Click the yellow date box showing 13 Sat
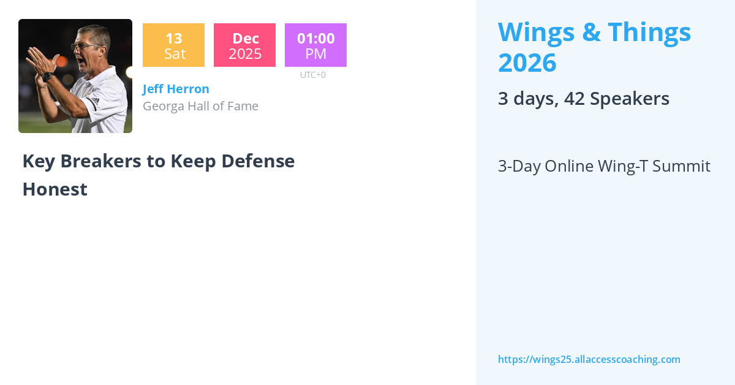173,45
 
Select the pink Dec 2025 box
244,45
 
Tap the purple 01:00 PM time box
315,45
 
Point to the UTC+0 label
312,75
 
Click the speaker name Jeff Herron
176,89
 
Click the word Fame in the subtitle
243,106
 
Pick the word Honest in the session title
55,189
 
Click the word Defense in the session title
258,161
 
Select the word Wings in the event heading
535,32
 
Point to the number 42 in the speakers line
575,99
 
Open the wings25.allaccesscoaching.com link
589,359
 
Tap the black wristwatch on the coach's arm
48,77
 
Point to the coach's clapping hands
39,60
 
